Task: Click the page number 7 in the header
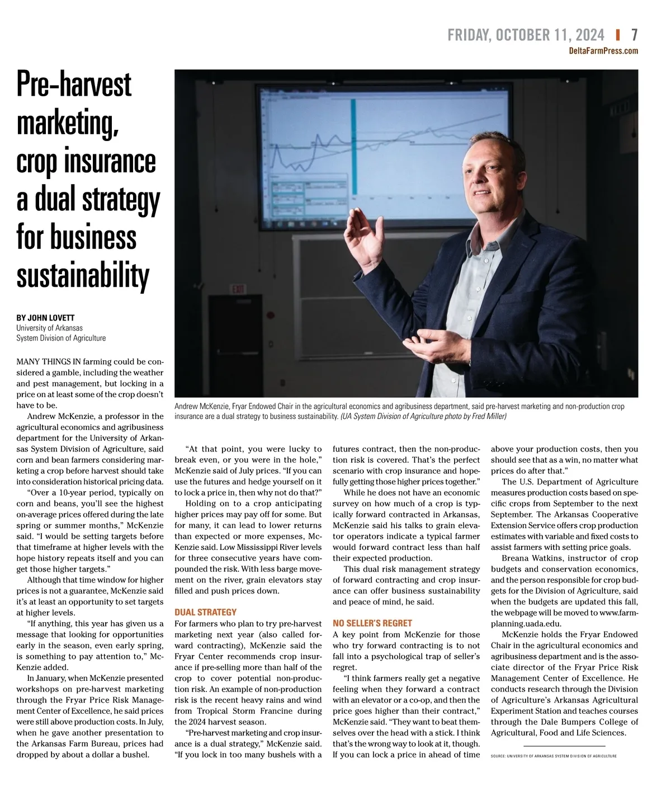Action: (x=634, y=35)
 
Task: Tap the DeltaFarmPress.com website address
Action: (x=603, y=51)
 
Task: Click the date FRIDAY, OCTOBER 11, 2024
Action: (x=526, y=35)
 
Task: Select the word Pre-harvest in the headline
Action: (x=74, y=84)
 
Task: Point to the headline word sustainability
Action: (x=83, y=275)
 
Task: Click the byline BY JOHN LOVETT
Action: (x=45, y=317)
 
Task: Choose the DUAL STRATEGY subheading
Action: (x=205, y=612)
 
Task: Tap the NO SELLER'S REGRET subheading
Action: (x=372, y=623)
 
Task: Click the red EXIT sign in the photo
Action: (x=238, y=289)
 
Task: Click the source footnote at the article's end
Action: (x=554, y=756)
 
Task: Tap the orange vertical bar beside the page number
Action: (x=617, y=35)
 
